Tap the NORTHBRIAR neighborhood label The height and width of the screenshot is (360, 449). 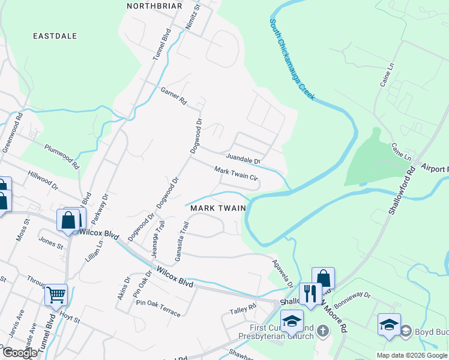(x=154, y=5)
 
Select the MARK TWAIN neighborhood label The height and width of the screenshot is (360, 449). (x=218, y=208)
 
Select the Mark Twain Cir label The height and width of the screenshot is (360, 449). (x=236, y=174)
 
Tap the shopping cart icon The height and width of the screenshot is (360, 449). (x=56, y=295)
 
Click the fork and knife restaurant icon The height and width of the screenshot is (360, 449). (x=310, y=294)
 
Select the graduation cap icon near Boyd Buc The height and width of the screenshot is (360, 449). (x=389, y=325)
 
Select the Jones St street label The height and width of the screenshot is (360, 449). (x=51, y=242)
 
